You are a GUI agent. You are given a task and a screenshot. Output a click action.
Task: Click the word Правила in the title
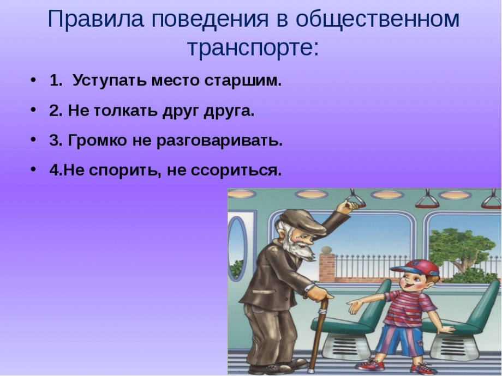click(x=95, y=19)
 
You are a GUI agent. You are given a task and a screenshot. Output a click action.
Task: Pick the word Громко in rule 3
click(x=97, y=141)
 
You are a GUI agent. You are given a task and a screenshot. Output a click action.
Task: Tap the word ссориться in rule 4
click(x=236, y=171)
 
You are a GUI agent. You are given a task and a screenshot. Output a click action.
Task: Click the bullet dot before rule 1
click(x=33, y=80)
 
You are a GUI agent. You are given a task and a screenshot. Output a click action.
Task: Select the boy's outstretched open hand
click(x=356, y=306)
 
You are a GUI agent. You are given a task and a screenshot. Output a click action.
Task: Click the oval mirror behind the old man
click(x=237, y=247)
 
